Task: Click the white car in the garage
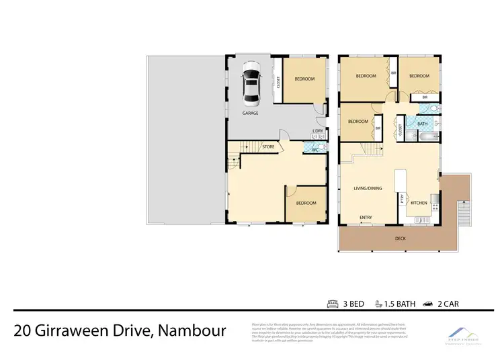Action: click(250, 85)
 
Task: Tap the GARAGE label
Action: click(250, 113)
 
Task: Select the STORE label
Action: click(268, 146)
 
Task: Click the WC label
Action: click(314, 150)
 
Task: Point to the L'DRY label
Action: click(318, 131)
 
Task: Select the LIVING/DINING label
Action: click(368, 188)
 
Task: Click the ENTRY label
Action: click(366, 217)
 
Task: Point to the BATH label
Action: click(423, 124)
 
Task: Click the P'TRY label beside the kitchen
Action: click(402, 198)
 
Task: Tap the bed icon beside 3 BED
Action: click(332, 304)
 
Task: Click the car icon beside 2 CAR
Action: click(427, 304)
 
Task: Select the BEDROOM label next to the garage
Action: click(304, 79)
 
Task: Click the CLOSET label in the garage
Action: click(278, 83)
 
